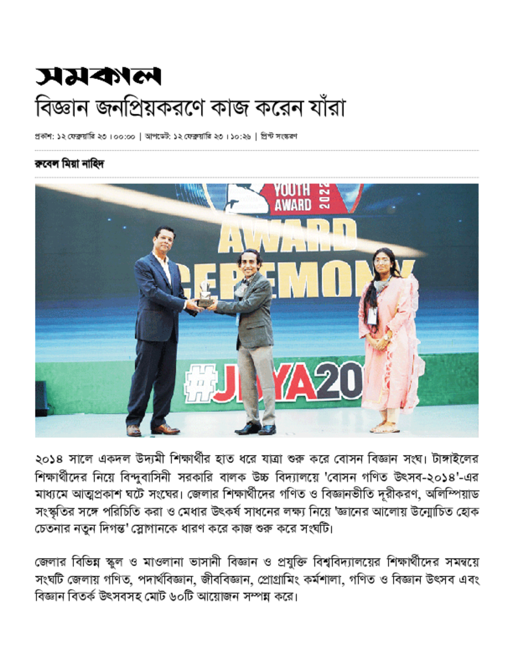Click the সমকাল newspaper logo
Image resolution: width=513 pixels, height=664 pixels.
(97, 77)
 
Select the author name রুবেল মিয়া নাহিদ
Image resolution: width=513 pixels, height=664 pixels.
(69, 165)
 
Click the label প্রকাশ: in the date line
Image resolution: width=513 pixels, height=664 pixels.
(45, 137)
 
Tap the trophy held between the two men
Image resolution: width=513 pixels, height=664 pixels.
(204, 294)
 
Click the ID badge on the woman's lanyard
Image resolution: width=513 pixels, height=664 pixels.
(372, 316)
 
